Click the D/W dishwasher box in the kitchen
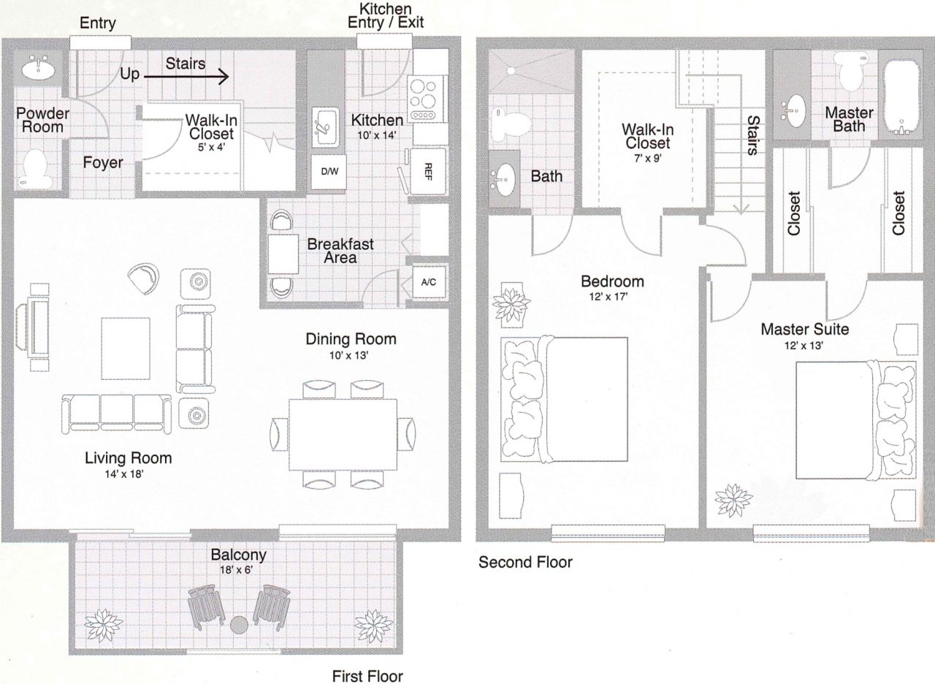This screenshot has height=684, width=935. point(329,172)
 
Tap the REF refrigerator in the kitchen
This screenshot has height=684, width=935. point(428,171)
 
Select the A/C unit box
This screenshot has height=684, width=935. point(428,282)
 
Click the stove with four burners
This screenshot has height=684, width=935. point(423,99)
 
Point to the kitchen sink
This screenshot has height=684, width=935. point(326,126)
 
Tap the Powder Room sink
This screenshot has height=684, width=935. point(38,69)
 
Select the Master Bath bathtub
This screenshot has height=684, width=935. point(901,98)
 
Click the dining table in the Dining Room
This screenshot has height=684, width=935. point(343,434)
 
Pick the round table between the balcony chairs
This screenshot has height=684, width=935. point(239,625)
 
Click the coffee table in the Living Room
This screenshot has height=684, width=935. point(126,349)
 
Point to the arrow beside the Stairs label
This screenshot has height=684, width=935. point(186,77)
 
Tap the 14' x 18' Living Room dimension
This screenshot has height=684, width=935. point(124,474)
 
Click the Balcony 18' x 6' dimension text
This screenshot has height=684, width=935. point(236,569)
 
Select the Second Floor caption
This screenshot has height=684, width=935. point(525,563)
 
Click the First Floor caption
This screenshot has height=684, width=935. point(367,676)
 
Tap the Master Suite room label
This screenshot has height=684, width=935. point(804,330)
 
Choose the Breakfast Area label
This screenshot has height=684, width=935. point(340,251)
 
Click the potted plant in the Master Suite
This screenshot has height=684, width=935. point(733,501)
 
